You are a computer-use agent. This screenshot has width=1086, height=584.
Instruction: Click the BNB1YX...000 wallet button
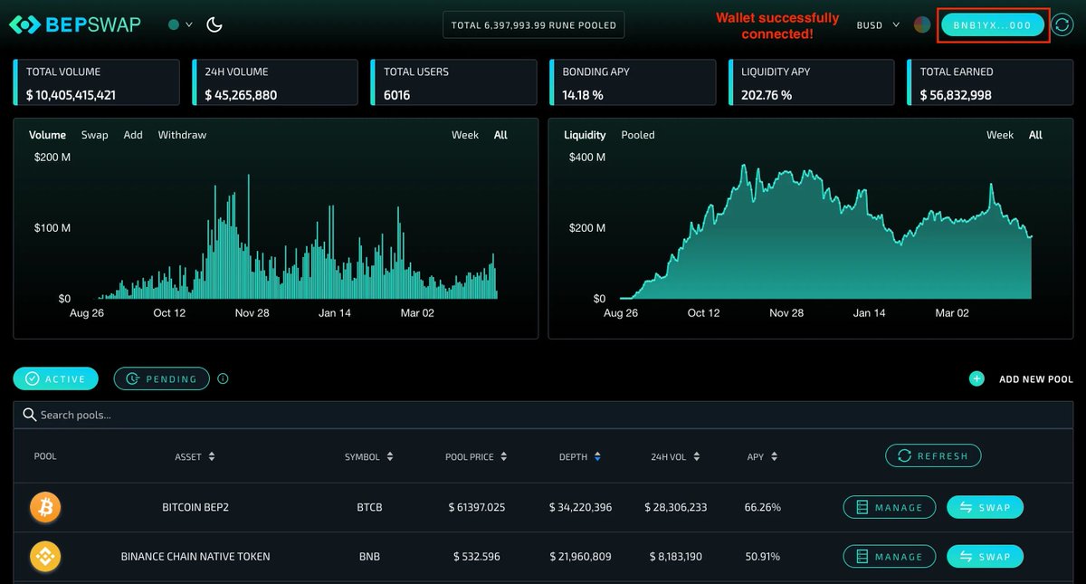coord(992,24)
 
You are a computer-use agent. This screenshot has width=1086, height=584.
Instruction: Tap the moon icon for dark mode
coord(214,24)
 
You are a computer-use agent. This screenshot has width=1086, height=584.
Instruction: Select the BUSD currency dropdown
coord(877,25)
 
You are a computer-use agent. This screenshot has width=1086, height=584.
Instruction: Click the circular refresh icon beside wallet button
coord(1062,24)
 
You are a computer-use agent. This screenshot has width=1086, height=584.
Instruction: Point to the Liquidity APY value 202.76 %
coord(767,95)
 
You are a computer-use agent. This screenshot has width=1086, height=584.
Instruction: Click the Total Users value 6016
coord(397,95)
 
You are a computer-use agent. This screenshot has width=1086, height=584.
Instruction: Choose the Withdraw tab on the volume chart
coord(182,135)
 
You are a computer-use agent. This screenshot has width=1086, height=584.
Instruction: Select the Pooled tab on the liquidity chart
coord(637,135)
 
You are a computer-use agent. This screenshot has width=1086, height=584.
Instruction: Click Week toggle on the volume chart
coord(465,135)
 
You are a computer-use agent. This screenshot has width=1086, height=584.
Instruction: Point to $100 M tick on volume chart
coord(52,227)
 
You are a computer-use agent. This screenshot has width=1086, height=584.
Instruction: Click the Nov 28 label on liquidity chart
coord(786,312)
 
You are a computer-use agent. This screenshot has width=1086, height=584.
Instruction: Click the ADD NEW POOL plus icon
coord(976,378)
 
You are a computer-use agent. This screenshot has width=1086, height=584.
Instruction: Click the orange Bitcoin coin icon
coord(45,507)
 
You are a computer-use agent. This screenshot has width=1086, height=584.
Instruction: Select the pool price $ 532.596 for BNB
coord(476,557)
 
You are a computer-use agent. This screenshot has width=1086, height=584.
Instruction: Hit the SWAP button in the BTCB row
coord(985,507)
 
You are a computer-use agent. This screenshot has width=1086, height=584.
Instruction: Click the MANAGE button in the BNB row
coord(889,557)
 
